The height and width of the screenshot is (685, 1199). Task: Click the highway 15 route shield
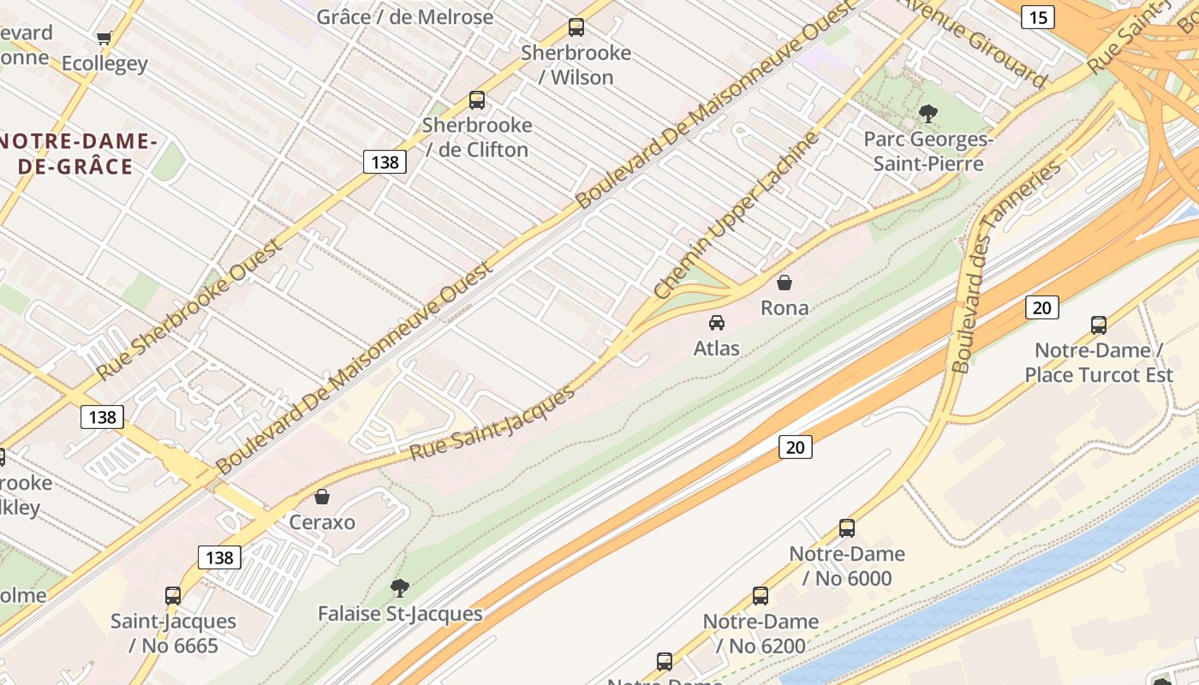click(1037, 16)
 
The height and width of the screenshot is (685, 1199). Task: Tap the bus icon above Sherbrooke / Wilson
click(576, 27)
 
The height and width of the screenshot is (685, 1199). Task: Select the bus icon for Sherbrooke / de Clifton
click(477, 100)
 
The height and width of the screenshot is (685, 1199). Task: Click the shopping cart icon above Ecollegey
click(104, 38)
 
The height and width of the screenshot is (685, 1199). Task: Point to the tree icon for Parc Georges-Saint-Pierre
click(928, 113)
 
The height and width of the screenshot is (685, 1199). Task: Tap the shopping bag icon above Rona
click(784, 283)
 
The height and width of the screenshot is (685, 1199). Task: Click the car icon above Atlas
click(717, 323)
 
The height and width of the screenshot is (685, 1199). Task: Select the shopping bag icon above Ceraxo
click(322, 497)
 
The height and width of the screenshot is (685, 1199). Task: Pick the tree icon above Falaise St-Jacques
click(399, 588)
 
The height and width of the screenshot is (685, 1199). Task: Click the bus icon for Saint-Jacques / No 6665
click(173, 595)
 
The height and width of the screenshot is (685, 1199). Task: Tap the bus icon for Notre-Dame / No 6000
click(847, 527)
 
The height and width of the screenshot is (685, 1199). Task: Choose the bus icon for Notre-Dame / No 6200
click(761, 595)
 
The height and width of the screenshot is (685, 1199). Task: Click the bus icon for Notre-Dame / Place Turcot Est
click(1099, 325)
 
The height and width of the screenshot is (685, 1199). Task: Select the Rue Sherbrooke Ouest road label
click(190, 310)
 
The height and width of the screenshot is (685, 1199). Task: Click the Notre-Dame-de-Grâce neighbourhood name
click(77, 153)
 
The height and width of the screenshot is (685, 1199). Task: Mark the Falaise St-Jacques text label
click(400, 614)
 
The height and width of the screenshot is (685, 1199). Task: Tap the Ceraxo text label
click(322, 522)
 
